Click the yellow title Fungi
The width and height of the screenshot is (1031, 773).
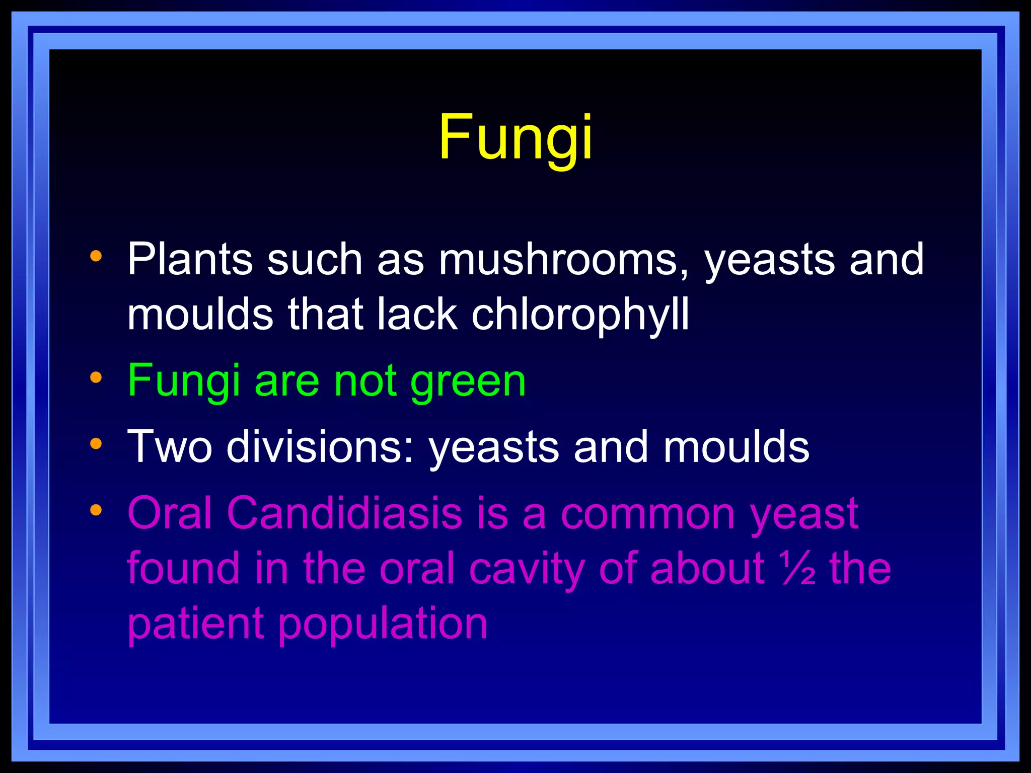point(515,137)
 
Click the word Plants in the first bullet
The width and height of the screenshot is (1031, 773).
point(189,260)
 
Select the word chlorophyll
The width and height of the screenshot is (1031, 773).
point(580,315)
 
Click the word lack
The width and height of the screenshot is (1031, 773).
point(417,314)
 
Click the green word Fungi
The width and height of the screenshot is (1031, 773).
point(183,381)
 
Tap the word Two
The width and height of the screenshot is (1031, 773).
point(170,446)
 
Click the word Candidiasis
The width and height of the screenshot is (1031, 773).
point(344,513)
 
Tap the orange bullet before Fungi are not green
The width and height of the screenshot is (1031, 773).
point(96,377)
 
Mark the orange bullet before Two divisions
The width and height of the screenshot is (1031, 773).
point(96,443)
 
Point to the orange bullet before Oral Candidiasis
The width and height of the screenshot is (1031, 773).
point(96,510)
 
